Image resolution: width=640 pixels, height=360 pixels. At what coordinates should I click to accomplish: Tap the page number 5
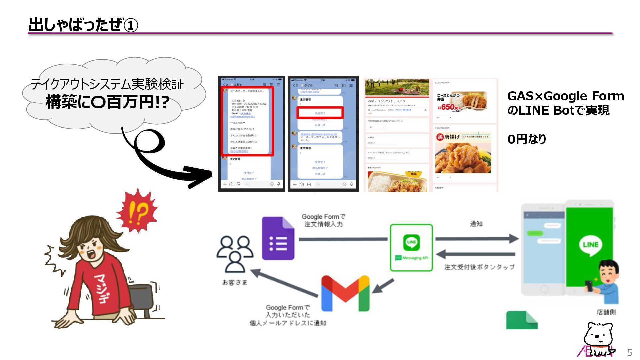(x=629, y=352)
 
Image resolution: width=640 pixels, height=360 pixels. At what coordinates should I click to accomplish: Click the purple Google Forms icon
(x=278, y=238)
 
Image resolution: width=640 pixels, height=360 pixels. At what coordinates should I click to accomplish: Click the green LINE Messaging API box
(x=411, y=247)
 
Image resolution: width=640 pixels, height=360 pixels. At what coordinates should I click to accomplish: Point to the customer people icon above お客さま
(x=235, y=253)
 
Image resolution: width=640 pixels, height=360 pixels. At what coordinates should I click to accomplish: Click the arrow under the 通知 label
(x=477, y=238)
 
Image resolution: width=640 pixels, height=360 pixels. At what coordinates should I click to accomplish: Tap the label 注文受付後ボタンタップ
(x=479, y=267)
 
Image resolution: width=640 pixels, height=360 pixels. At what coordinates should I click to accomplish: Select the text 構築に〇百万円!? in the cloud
(x=107, y=102)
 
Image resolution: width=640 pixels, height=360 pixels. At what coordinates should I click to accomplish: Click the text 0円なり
(x=527, y=139)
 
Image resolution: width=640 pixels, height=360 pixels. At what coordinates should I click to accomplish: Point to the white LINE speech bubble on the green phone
(x=590, y=245)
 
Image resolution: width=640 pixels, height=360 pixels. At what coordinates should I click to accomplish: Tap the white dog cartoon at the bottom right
(x=598, y=338)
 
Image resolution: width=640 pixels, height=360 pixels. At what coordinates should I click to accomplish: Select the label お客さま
(x=235, y=283)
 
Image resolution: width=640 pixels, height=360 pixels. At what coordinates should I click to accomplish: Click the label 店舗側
(x=606, y=312)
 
